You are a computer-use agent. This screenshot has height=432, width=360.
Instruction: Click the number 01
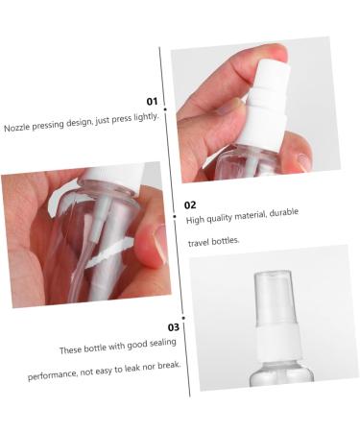[x=152, y=101]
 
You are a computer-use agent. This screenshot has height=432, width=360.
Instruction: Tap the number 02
[x=190, y=204]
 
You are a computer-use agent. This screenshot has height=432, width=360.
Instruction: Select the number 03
[x=174, y=327]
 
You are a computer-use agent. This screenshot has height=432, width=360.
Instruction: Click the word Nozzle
[x=21, y=128]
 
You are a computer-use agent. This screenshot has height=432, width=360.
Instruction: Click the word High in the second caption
[x=195, y=221]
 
